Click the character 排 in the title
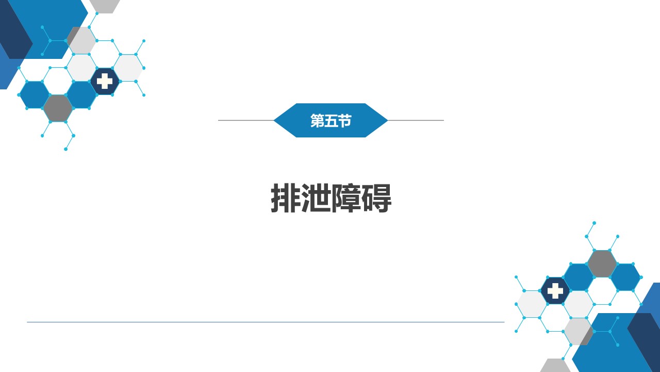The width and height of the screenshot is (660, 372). pos(286,197)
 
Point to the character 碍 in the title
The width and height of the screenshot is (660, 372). pos(377,197)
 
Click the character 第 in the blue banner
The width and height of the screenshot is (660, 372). pos(317,120)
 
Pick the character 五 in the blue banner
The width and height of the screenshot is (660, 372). pos(331,120)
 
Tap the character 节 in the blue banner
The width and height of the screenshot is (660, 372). pos(344,120)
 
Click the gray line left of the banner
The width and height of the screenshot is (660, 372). pos(246,120)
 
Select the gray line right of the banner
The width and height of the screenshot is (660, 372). pos(416,120)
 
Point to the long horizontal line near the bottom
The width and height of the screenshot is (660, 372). pos(266,322)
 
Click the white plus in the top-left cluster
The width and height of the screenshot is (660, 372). pos(105,81)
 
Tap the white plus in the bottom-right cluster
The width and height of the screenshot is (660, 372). pos(555,291)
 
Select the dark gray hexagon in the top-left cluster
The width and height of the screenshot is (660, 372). pos(58,109)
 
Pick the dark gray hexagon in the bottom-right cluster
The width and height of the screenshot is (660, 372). pos(602,263)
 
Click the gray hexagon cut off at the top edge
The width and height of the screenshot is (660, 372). pos(105,6)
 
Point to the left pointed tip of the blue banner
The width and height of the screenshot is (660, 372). pos(274,120)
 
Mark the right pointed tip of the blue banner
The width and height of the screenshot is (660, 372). pos(387,120)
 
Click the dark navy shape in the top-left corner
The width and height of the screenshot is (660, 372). pos(13,29)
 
